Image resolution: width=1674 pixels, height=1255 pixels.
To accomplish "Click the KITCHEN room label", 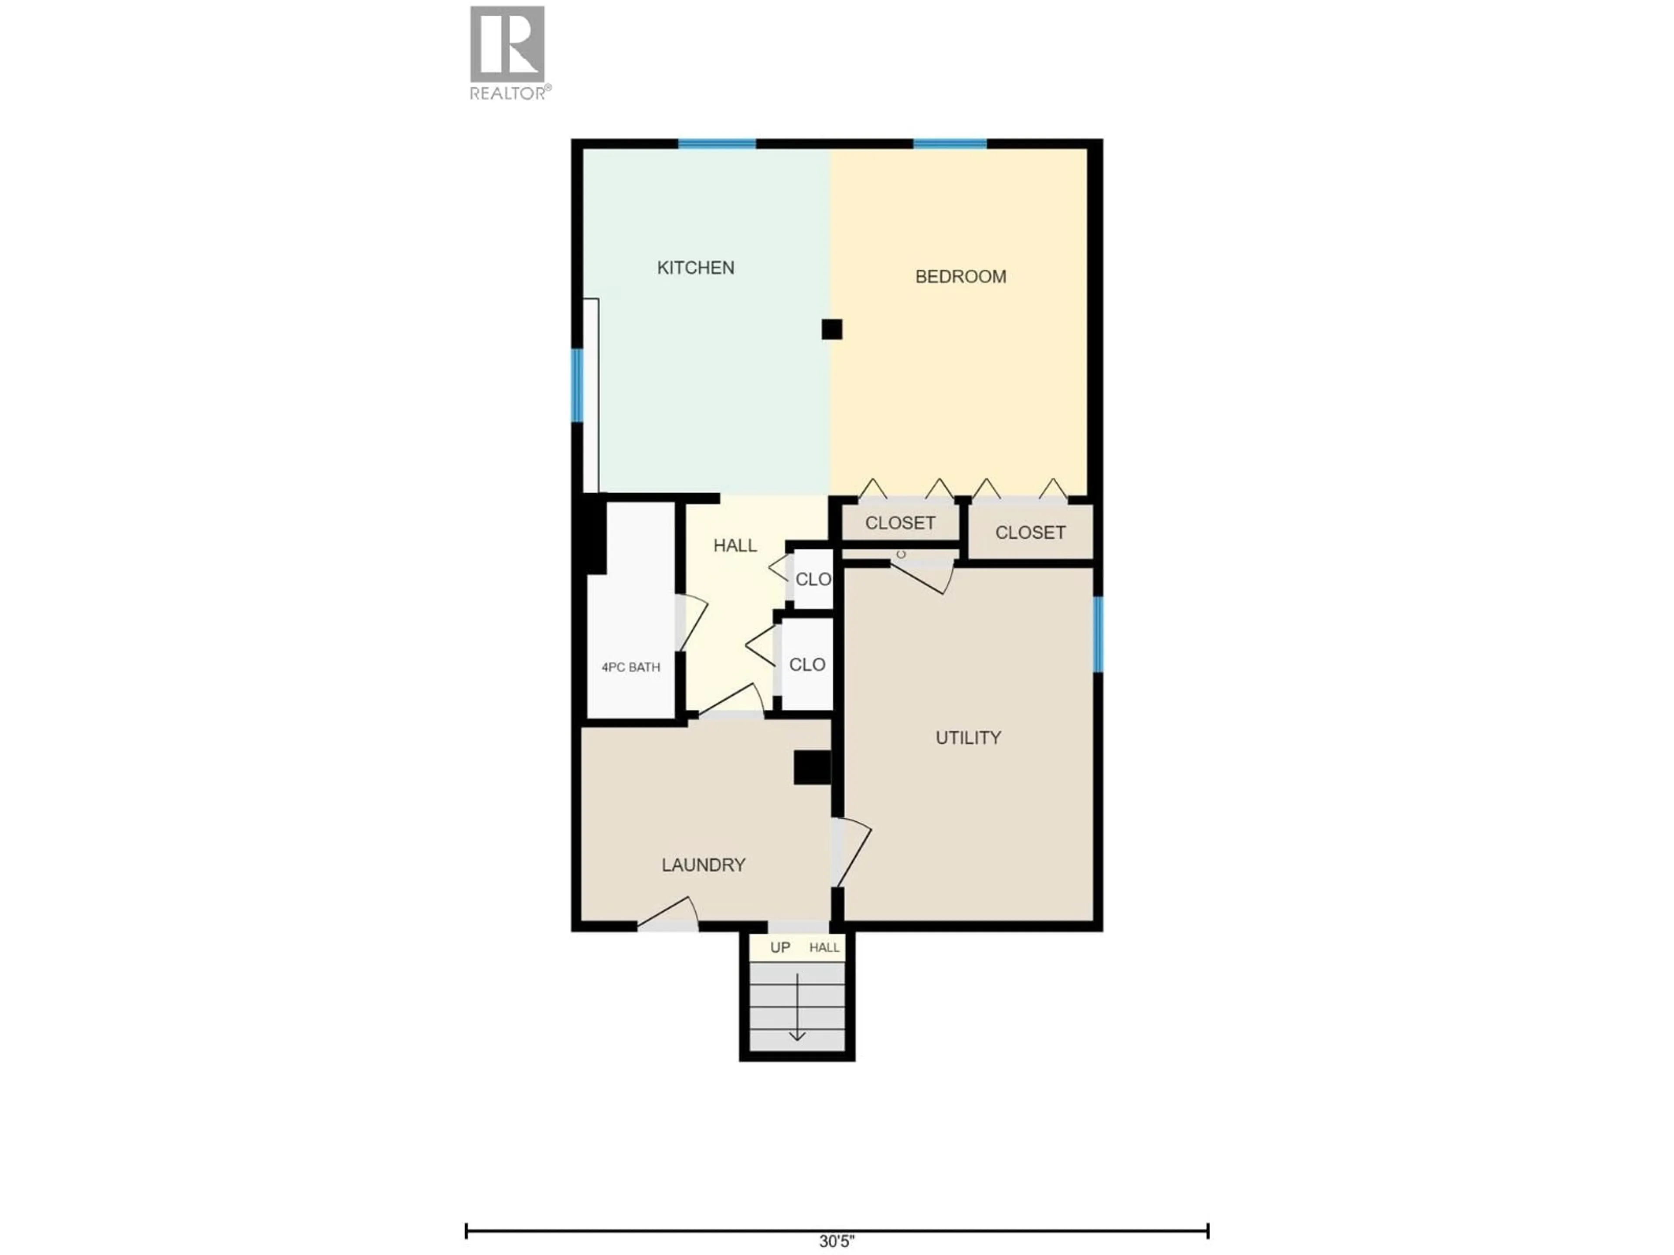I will [695, 268].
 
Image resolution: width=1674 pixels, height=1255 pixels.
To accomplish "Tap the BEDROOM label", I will [960, 277].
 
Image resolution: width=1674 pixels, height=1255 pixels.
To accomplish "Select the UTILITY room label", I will [968, 738].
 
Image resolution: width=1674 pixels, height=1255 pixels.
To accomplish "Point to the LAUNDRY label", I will [703, 865].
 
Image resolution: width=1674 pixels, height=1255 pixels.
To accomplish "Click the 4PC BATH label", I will [630, 667].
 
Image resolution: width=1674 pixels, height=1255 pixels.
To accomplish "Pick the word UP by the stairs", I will [779, 948].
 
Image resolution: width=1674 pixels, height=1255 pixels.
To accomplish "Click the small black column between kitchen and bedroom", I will [832, 329].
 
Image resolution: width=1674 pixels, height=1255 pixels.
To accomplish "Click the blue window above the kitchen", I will [717, 144].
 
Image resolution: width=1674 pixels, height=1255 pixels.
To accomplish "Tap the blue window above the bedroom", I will [950, 144].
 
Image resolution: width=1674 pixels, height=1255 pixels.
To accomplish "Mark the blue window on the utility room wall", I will [1098, 634].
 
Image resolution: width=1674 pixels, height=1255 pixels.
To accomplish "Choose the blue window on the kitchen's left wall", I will [577, 385].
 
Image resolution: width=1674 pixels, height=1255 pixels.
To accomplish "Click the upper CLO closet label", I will [813, 580].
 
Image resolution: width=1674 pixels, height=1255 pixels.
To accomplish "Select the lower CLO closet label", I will [807, 665].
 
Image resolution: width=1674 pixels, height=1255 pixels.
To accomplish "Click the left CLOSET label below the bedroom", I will [900, 523].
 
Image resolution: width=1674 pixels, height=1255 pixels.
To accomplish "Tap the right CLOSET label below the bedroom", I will [1030, 533].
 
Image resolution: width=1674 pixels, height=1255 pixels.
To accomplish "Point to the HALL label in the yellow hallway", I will [735, 546].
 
